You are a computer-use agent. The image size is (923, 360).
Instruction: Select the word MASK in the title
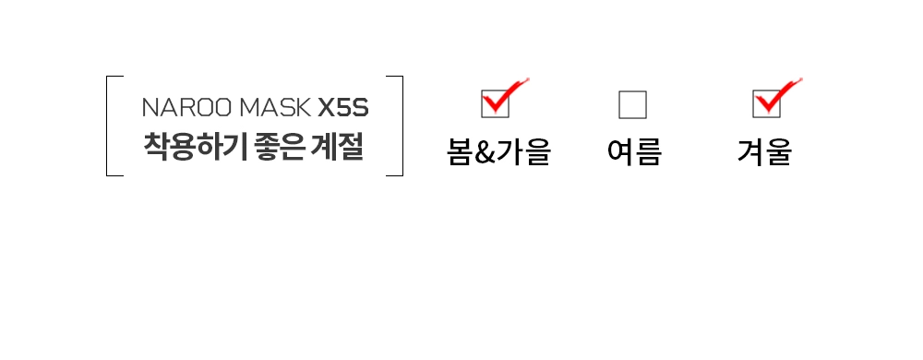click(x=275, y=108)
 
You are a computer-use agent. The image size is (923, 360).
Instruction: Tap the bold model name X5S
click(x=343, y=108)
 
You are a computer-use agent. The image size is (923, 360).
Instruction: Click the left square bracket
click(x=114, y=126)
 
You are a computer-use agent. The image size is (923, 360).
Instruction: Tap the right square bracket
click(x=395, y=126)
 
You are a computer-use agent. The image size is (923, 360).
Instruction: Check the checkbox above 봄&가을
click(x=495, y=104)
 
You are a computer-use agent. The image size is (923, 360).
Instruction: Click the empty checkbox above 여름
click(x=633, y=104)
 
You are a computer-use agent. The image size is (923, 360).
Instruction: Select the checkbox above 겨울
click(x=766, y=104)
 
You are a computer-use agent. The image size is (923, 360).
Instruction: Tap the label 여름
click(x=635, y=152)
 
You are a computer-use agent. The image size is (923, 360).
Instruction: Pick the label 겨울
click(x=764, y=152)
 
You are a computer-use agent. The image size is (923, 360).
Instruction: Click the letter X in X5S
click(x=327, y=108)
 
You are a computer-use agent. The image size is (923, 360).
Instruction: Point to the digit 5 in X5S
click(x=343, y=108)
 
